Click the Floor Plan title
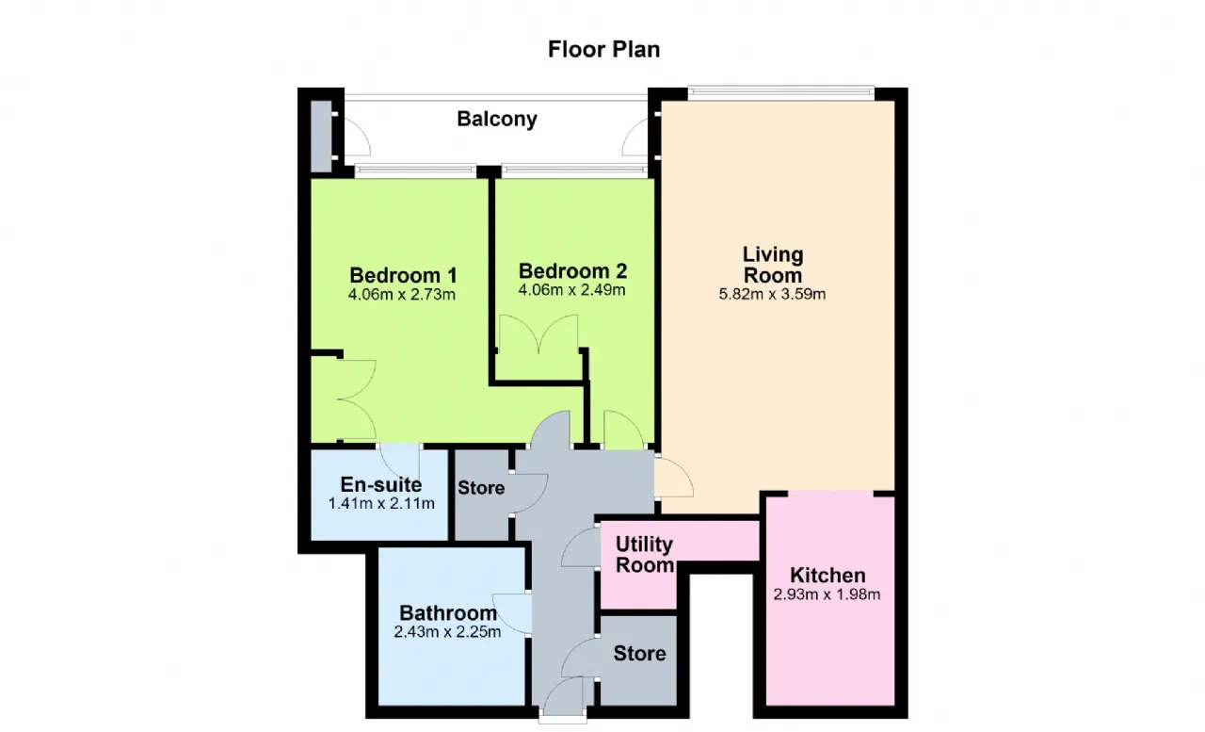pyautogui.click(x=603, y=50)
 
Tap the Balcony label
pyautogui.click(x=497, y=119)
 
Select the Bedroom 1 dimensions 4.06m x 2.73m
pyautogui.click(x=402, y=295)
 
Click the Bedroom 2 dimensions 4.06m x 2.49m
pyautogui.click(x=571, y=290)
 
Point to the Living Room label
pyautogui.click(x=773, y=265)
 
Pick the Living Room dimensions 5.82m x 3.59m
pyautogui.click(x=773, y=295)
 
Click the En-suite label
pyautogui.click(x=381, y=484)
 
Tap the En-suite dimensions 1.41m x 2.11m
pyautogui.click(x=381, y=504)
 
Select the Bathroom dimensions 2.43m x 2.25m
pyautogui.click(x=447, y=632)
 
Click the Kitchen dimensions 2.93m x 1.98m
pyautogui.click(x=827, y=594)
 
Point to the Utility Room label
pyautogui.click(x=645, y=554)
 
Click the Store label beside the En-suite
pyautogui.click(x=481, y=488)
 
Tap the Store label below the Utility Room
pyautogui.click(x=639, y=654)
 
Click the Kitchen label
pyautogui.click(x=827, y=576)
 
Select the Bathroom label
pyautogui.click(x=448, y=612)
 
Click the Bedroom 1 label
pyautogui.click(x=403, y=275)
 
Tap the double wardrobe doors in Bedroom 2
pyautogui.click(x=538, y=333)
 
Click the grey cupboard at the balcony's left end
pyautogui.click(x=321, y=137)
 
